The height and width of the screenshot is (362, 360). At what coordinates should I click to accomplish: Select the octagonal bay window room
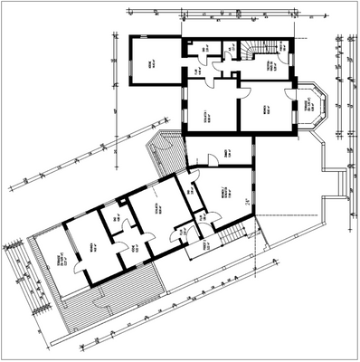point(312,107)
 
